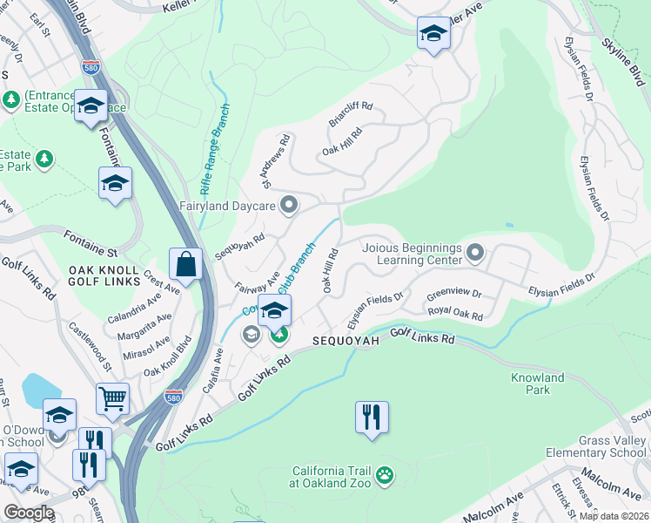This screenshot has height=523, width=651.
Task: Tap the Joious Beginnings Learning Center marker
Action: pyautogui.click(x=475, y=254)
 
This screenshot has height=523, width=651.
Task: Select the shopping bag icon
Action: pyautogui.click(x=186, y=261)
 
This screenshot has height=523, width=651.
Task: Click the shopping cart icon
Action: pyautogui.click(x=113, y=398)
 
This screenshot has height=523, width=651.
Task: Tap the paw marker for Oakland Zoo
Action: pyautogui.click(x=384, y=476)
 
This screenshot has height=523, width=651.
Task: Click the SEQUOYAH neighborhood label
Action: pyautogui.click(x=346, y=341)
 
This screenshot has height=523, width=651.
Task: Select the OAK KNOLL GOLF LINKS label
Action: pyautogui.click(x=104, y=275)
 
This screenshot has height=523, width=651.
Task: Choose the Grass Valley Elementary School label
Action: pyautogui.click(x=597, y=446)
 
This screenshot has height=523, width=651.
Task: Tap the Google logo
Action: pyautogui.click(x=29, y=513)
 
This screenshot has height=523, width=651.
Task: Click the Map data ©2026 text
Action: pyautogui.click(x=614, y=516)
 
